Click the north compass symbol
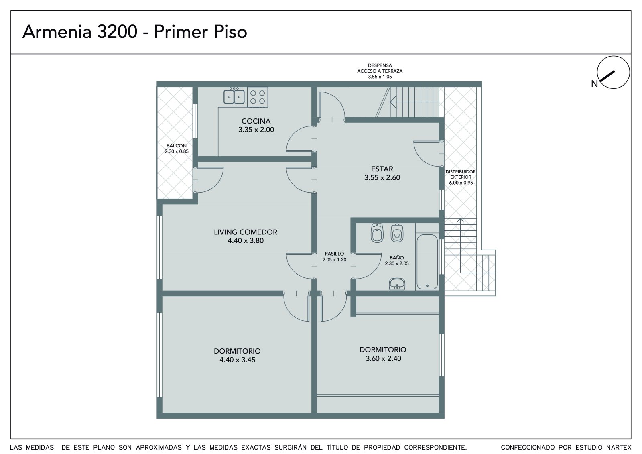pyautogui.click(x=613, y=72)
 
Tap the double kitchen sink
pyautogui.click(x=234, y=96)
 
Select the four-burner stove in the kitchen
pyautogui.click(x=257, y=97)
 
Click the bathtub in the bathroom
pyautogui.click(x=427, y=262)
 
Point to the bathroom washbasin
pyautogui.click(x=397, y=284)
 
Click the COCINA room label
pyautogui.click(x=256, y=121)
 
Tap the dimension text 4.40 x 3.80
pyautogui.click(x=246, y=240)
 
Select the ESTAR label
pyautogui.click(x=382, y=169)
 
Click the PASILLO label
pyautogui.click(x=334, y=254)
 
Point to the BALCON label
pyautogui.click(x=177, y=146)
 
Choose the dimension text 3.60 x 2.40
pyautogui.click(x=383, y=358)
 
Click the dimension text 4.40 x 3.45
pyautogui.click(x=237, y=360)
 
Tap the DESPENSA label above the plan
pyautogui.click(x=380, y=65)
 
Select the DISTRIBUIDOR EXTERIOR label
pyautogui.click(x=461, y=174)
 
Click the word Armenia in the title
pyautogui.click(x=57, y=32)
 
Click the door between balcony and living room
pyautogui.click(x=208, y=180)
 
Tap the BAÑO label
pyautogui.click(x=397, y=258)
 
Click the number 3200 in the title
pyautogui.click(x=117, y=32)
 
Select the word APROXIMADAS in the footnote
pyautogui.click(x=158, y=448)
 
